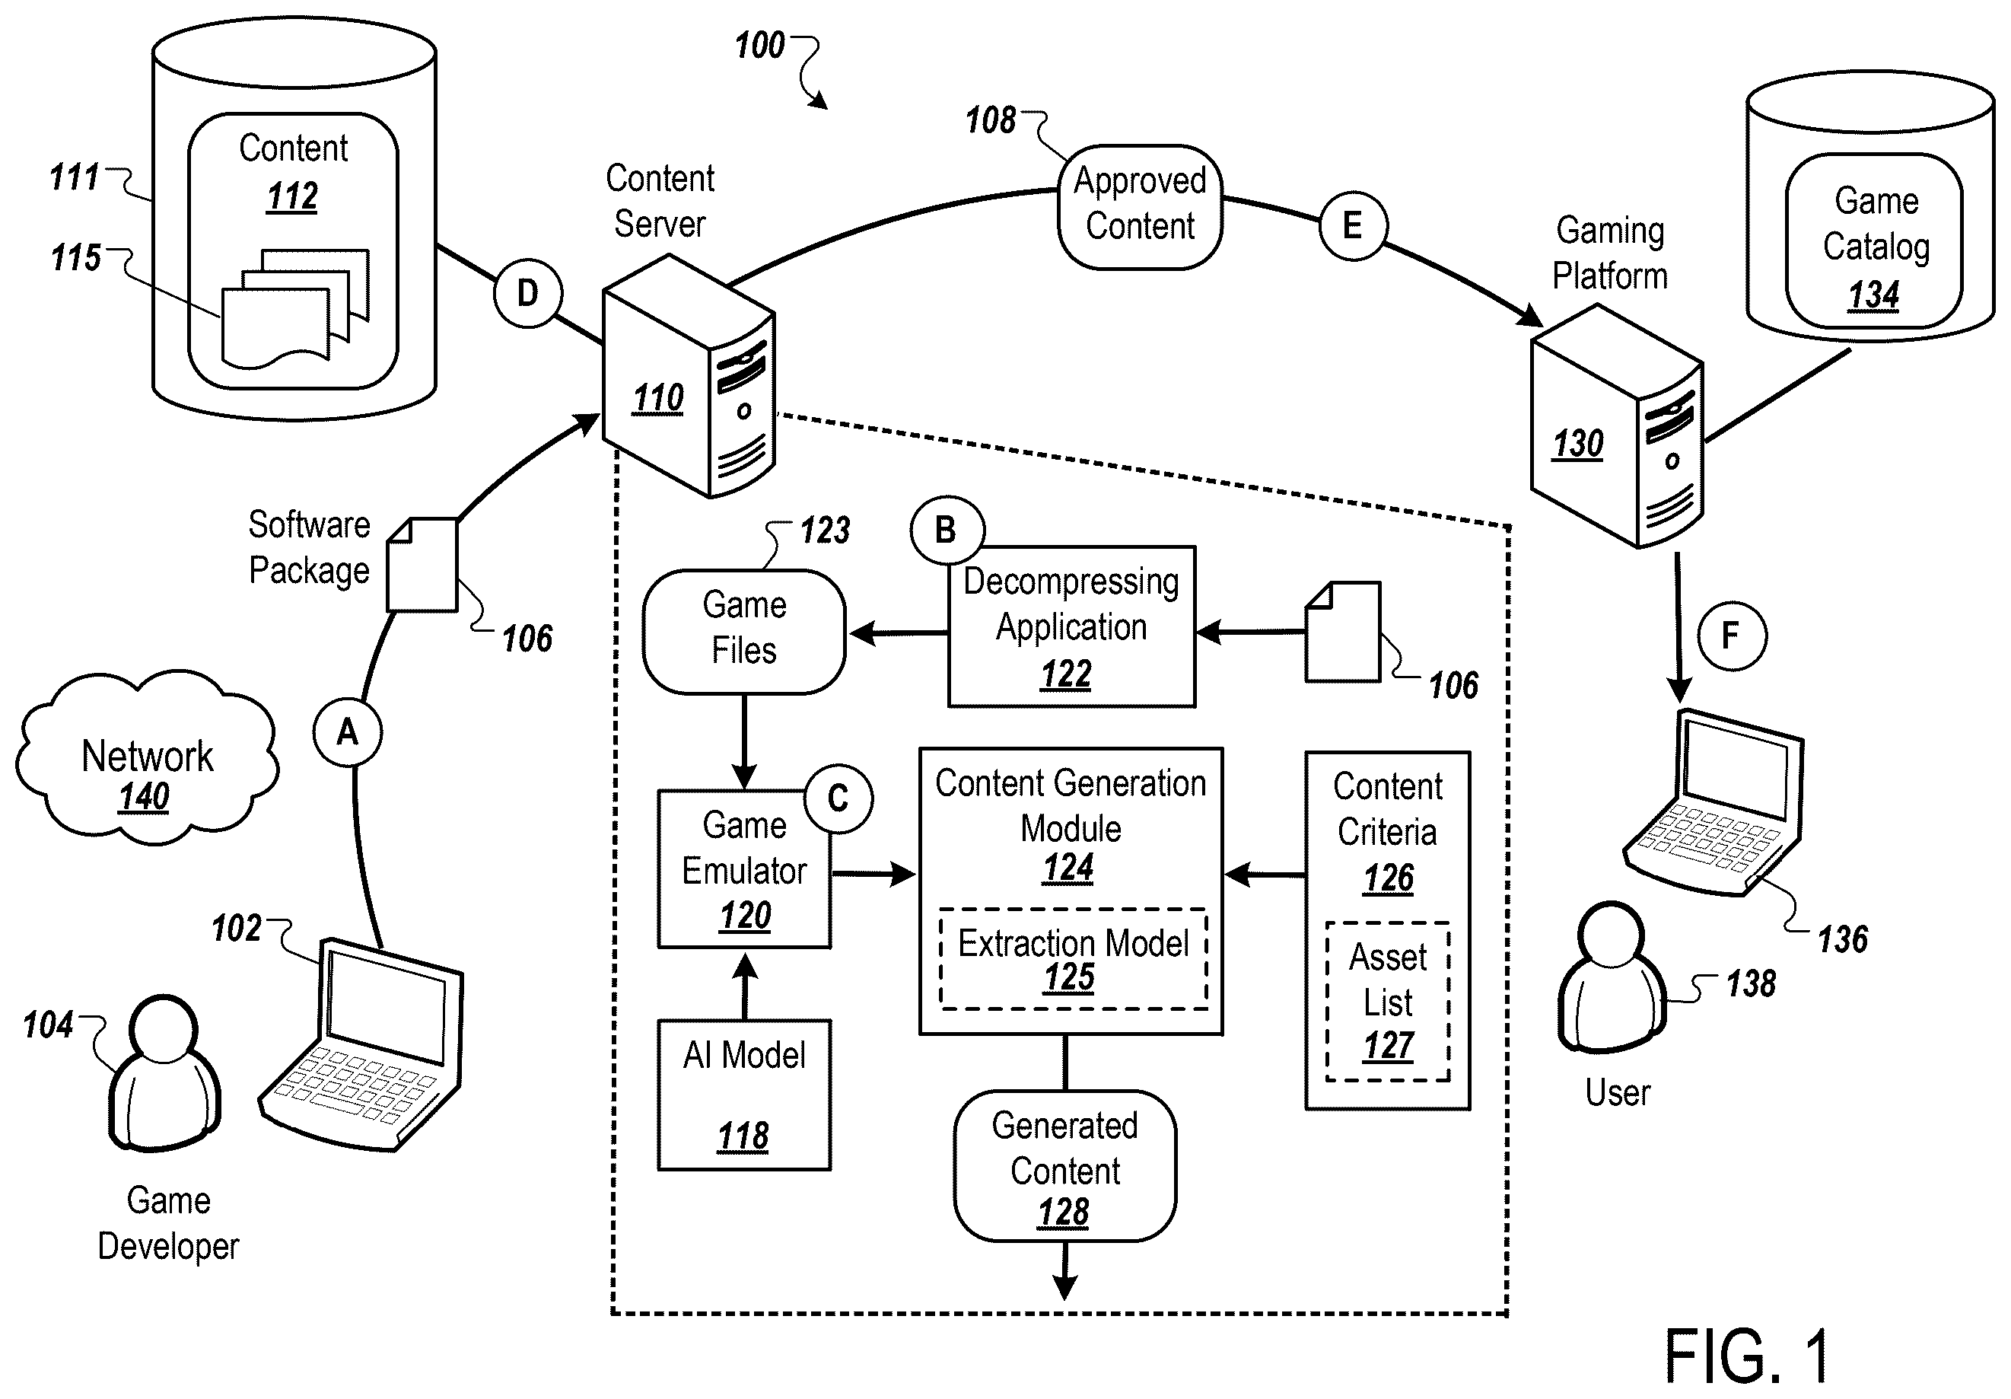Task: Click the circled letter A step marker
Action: click(348, 731)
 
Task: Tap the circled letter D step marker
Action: click(527, 294)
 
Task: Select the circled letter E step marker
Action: click(1353, 225)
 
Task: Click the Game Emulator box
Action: click(744, 868)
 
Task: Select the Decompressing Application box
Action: click(1071, 626)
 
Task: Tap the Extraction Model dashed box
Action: click(1073, 959)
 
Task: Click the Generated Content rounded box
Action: click(1065, 1165)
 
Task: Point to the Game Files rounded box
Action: click(744, 632)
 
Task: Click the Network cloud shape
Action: click(146, 758)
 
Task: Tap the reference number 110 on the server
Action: click(658, 399)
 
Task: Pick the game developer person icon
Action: click(164, 1072)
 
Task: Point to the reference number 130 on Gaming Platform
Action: click(1577, 445)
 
